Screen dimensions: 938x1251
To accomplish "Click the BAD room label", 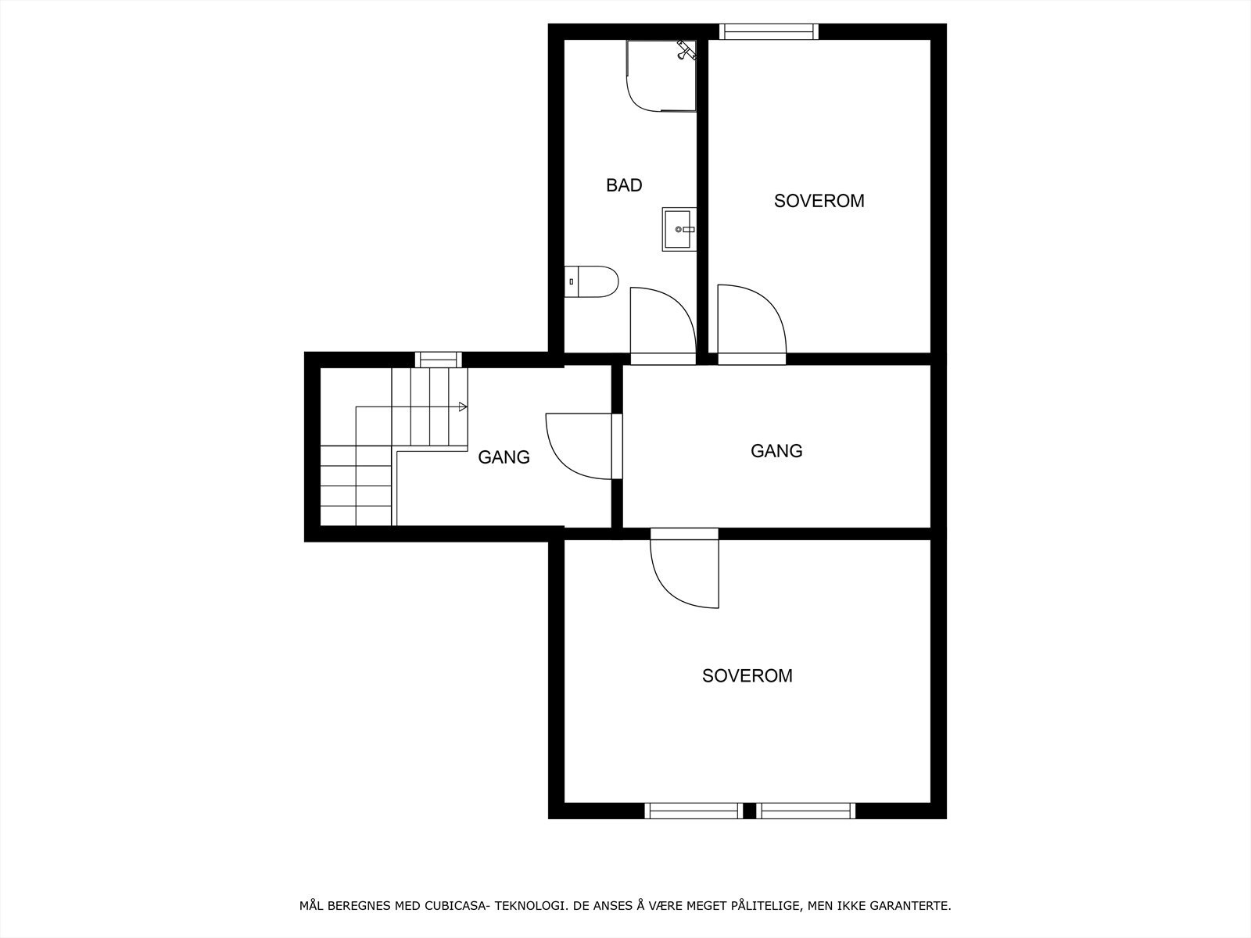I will pyautogui.click(x=624, y=185).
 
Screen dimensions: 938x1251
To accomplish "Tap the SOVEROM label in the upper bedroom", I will pyautogui.click(x=819, y=201).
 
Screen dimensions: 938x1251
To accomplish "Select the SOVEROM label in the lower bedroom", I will pyautogui.click(x=747, y=676).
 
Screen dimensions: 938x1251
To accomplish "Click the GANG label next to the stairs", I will pyautogui.click(x=504, y=457).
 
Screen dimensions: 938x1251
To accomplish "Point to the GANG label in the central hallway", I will pyautogui.click(x=776, y=451).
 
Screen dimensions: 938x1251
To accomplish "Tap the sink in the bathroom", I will pyautogui.click(x=679, y=229).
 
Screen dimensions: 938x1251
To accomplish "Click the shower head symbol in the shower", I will pyautogui.click(x=686, y=50).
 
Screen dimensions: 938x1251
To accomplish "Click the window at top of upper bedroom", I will pyautogui.click(x=768, y=31).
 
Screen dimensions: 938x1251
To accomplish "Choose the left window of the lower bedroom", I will pyautogui.click(x=694, y=811).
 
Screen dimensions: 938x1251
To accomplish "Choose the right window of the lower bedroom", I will pyautogui.click(x=805, y=811).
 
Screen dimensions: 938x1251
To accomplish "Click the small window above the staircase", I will pyautogui.click(x=438, y=360).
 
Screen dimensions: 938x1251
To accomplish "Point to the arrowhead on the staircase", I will pyautogui.click(x=463, y=406).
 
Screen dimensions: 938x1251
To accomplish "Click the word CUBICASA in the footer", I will pyautogui.click(x=453, y=906).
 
